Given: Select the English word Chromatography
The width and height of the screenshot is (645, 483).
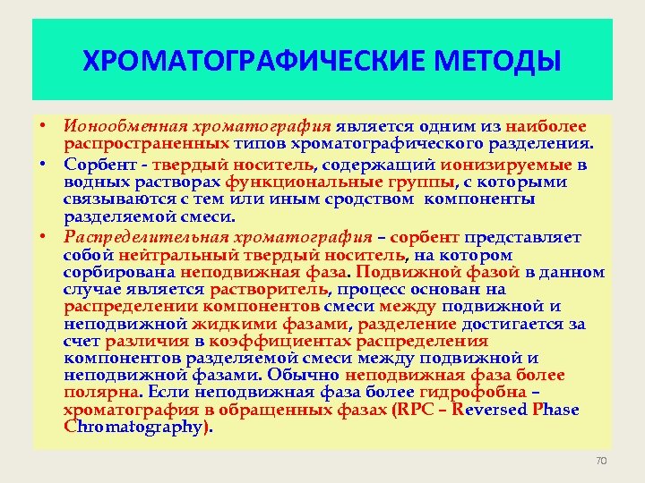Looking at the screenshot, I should click(x=134, y=427).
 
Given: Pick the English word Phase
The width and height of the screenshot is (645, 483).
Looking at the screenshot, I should click(x=555, y=411).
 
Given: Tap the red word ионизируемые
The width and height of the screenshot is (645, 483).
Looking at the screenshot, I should click(x=510, y=164).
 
